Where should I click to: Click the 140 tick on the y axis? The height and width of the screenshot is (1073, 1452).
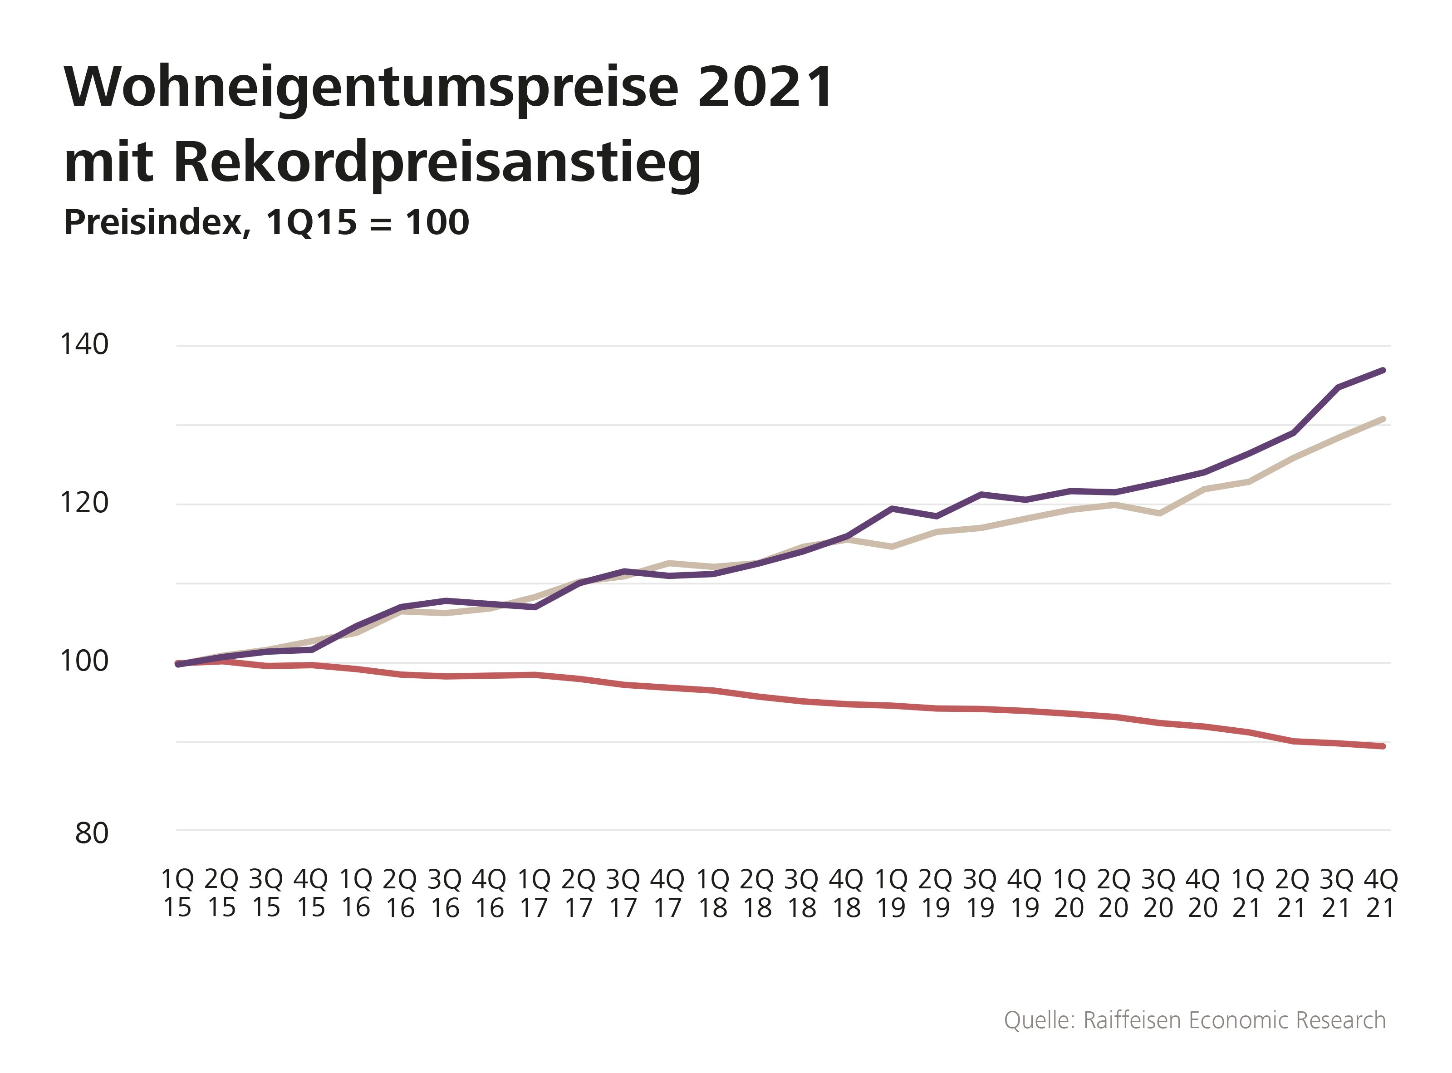84,344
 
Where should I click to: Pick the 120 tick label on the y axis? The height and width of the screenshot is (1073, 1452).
84,503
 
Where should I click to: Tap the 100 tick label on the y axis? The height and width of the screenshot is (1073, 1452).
84,661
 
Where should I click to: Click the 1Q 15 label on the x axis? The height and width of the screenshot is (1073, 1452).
177,893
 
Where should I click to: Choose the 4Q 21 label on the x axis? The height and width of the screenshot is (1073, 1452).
1381,893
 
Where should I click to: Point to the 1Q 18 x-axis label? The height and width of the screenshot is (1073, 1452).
713,893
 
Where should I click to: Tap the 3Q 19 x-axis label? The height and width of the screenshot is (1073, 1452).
980,893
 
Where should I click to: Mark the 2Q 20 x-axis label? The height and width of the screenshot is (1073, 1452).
1114,893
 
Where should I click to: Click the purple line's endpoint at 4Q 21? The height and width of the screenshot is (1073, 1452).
1383,370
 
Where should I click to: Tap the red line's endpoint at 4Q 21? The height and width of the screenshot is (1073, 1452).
1383,746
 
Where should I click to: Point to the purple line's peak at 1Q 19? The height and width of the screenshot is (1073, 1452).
893,509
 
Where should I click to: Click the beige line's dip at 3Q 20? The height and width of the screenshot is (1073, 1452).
1159,513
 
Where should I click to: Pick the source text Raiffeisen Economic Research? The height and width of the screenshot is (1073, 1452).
1234,1020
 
